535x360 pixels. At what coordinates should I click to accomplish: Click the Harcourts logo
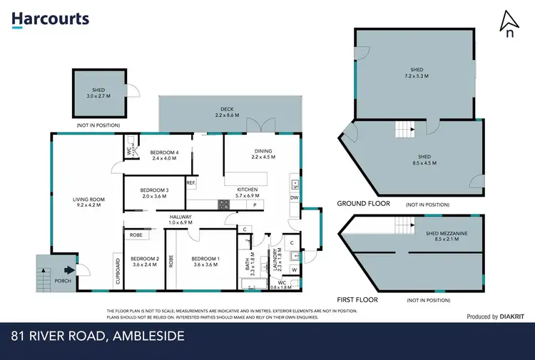[x=50, y=19]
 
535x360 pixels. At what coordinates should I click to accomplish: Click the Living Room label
[x=88, y=202]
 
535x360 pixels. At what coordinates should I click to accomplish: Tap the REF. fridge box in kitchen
[x=190, y=183]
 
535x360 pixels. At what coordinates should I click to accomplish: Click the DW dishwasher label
[x=295, y=197]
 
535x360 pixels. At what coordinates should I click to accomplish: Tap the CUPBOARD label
[x=118, y=272]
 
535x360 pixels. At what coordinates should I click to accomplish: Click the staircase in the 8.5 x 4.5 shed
[x=405, y=130]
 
